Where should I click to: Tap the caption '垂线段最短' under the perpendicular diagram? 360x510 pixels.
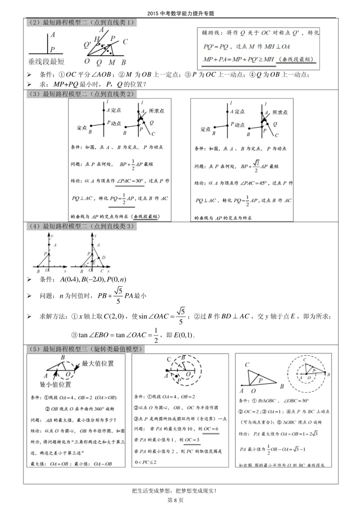click(46, 61)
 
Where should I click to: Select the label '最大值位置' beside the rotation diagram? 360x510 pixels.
click(98, 363)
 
